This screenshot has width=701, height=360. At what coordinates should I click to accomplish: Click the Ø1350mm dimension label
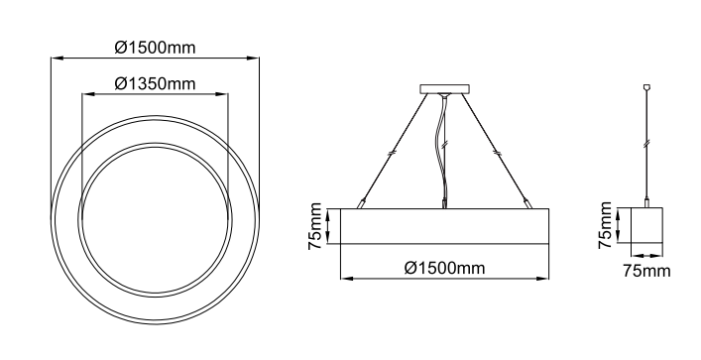coord(155,83)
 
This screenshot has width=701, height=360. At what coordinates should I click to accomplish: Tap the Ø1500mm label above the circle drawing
coord(155,48)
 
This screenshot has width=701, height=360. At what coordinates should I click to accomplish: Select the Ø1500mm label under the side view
coord(444,268)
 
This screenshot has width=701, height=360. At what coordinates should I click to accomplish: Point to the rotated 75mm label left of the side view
coord(315,226)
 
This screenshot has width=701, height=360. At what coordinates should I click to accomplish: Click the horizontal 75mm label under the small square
coord(646,271)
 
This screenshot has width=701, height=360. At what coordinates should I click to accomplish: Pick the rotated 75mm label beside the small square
coord(605,225)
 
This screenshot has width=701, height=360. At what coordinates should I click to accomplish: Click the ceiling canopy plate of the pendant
coord(444,89)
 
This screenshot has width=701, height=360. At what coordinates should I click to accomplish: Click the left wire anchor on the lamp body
coord(360,203)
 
